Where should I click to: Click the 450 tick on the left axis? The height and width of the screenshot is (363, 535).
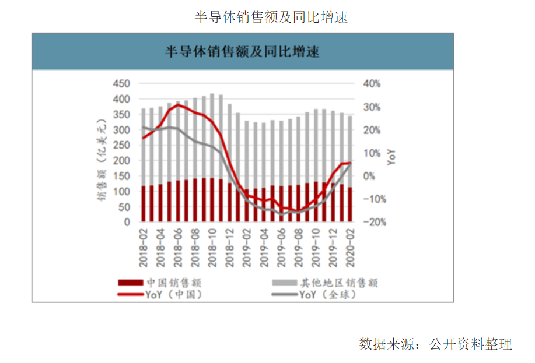tap(121, 84)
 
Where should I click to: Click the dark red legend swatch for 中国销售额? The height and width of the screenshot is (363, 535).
tap(130, 283)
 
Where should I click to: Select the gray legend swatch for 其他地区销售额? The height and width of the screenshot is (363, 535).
tap(285, 283)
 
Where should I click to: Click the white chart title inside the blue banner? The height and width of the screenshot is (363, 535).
tap(242, 52)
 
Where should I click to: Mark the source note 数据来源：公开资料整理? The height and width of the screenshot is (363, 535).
tap(435, 344)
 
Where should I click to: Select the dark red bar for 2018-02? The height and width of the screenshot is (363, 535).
tap(143, 204)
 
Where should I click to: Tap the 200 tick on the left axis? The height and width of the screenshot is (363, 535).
tap(121, 161)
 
